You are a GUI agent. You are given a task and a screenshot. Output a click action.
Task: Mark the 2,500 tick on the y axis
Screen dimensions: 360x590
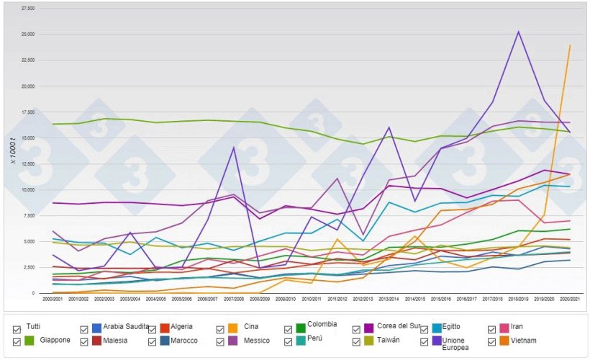[27, 268]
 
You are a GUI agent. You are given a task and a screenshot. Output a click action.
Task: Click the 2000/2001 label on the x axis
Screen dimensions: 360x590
[53, 297]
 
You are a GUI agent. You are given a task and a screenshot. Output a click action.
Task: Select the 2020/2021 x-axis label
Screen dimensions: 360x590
[570, 297]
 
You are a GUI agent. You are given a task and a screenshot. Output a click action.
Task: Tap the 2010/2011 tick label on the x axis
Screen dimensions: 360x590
[311, 297]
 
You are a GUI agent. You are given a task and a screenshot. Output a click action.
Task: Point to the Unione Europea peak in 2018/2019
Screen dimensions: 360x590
[518, 32]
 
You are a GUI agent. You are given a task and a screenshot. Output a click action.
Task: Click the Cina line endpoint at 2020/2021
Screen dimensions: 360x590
[570, 46]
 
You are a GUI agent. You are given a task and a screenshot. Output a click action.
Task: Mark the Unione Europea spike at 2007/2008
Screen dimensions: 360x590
[233, 148]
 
